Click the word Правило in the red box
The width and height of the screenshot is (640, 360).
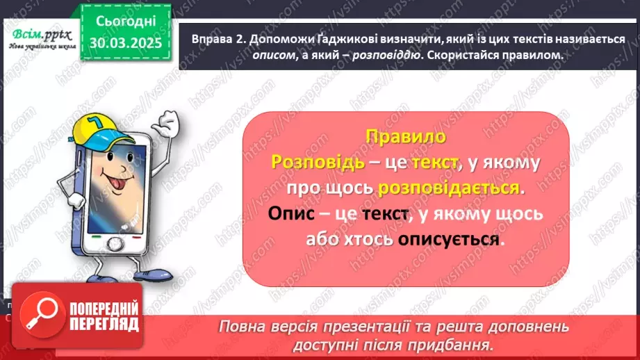tap(406, 136)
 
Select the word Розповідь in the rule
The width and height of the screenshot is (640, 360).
tap(318, 163)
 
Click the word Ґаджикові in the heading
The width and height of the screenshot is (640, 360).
tap(334, 40)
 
